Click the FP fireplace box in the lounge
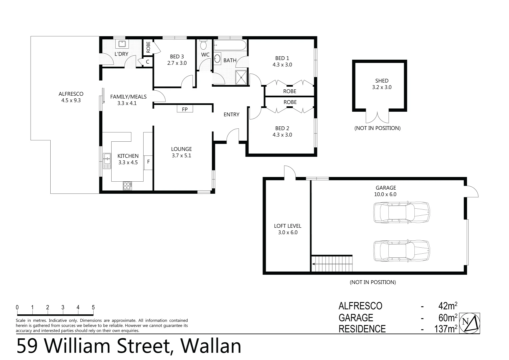pos(185,109)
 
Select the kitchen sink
pos(107,161)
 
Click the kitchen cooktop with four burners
pos(128,186)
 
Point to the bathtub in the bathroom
pos(230,45)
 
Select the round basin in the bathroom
pos(217,59)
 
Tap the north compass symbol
pos(470,323)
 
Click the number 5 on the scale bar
pos(93,307)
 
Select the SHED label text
pos(382,81)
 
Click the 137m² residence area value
pos(446,329)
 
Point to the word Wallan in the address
pos(210,346)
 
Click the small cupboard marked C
pos(147,62)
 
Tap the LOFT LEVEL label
pos(287,226)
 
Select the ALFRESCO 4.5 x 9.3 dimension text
pos(71,100)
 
